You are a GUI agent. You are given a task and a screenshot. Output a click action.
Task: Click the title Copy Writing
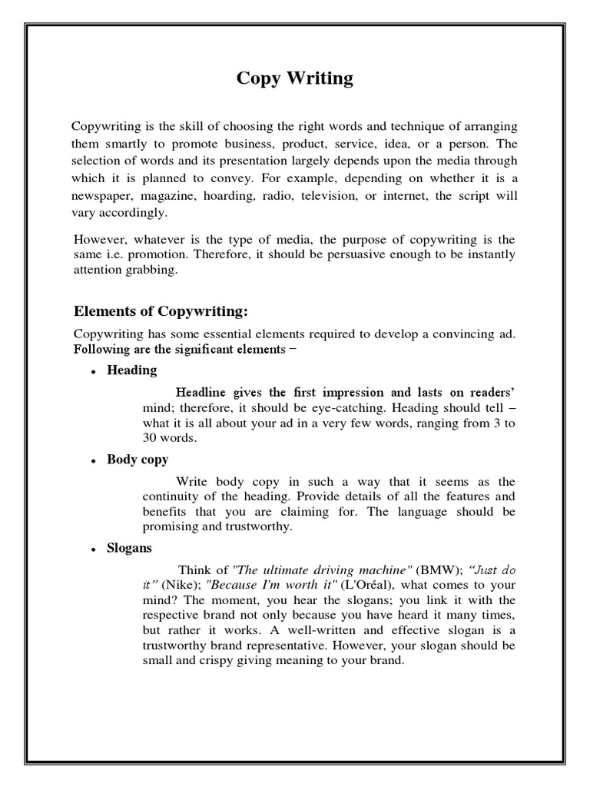295,79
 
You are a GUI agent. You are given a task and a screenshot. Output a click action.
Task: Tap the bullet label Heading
131,370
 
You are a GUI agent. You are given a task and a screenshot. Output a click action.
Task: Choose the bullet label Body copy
138,460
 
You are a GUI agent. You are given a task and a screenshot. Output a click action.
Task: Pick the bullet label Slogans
130,548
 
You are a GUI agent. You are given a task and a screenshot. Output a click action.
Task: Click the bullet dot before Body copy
92,461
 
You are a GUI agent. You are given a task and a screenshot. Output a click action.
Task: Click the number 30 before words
150,438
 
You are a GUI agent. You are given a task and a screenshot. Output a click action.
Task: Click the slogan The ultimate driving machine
322,570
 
